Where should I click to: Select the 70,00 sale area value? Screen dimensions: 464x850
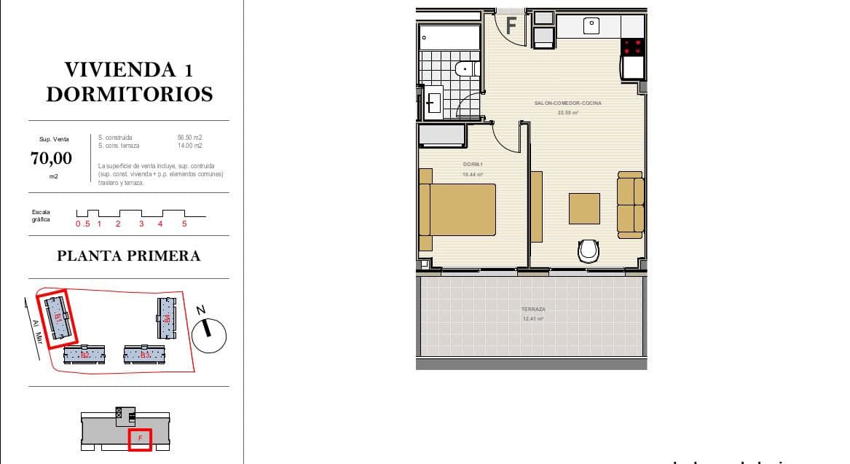(51, 158)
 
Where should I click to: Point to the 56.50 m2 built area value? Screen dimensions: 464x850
(189, 137)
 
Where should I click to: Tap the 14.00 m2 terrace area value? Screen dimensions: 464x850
(189, 146)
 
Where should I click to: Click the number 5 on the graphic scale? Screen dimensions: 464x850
(184, 224)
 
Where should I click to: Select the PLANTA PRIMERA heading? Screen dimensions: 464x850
(128, 256)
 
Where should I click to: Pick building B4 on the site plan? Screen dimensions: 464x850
(166, 318)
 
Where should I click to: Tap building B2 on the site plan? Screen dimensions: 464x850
(84, 355)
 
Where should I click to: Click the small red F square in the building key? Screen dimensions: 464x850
(140, 439)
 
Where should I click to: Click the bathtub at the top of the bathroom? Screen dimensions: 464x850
(449, 37)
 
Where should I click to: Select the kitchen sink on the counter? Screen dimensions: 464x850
(591, 26)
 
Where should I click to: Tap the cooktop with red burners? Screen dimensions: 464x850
(632, 47)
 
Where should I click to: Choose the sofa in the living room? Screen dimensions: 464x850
(631, 205)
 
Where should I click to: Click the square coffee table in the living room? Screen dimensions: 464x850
(584, 208)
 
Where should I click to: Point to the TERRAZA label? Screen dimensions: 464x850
(533, 310)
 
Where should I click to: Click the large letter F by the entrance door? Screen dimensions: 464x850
(511, 26)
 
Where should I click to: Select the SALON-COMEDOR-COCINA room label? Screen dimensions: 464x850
(568, 103)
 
